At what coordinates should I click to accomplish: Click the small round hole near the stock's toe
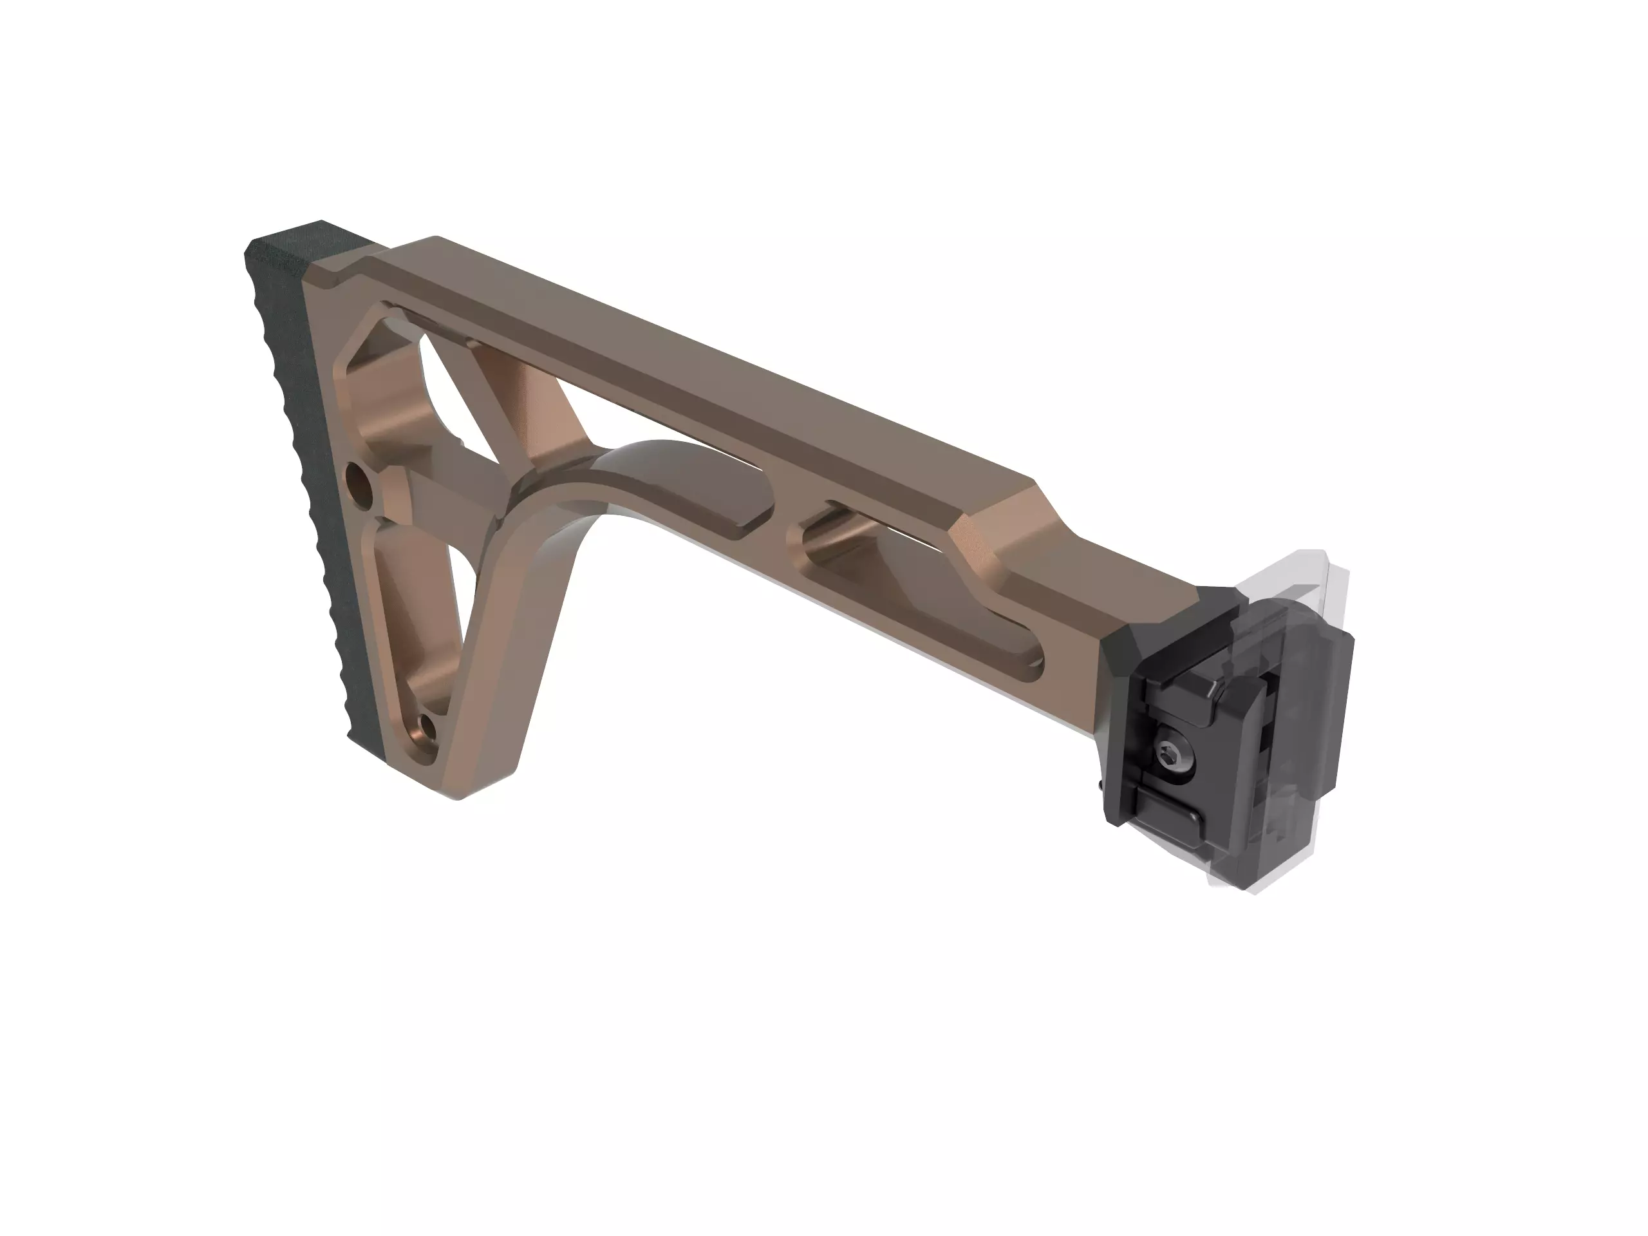pos(427,725)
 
